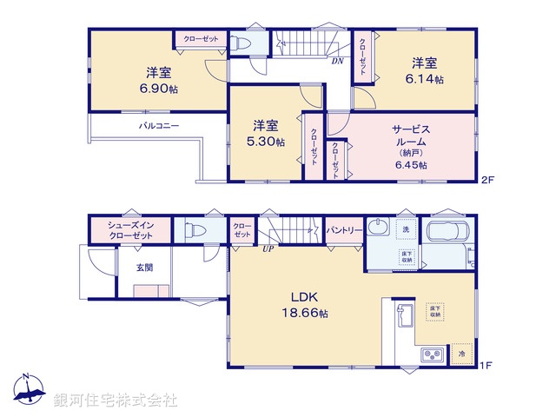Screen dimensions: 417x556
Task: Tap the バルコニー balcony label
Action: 160,127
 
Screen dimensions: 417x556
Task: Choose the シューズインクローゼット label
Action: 131,231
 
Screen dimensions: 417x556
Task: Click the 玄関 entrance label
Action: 144,268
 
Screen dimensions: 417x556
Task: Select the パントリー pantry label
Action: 344,229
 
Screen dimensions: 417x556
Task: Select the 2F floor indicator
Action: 488,180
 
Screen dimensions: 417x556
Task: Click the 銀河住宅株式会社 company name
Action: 116,400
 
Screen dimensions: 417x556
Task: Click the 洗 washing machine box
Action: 406,229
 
